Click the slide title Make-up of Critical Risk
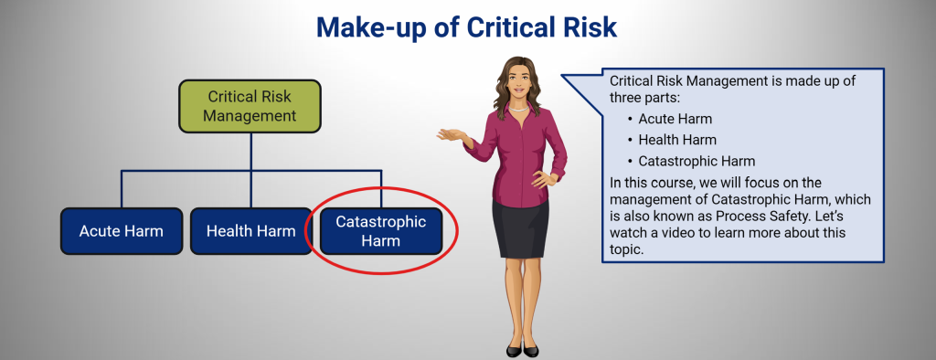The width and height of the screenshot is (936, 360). tap(467, 26)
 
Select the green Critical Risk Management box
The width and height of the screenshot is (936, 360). tap(250, 105)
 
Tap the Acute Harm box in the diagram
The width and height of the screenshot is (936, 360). tap(121, 231)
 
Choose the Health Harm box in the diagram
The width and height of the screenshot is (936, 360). tap(250, 231)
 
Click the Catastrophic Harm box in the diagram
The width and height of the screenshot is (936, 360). tap(380, 231)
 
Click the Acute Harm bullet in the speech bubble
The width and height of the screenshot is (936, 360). tap(675, 119)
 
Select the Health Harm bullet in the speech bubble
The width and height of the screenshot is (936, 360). tap(677, 140)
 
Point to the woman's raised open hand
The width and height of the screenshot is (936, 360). tap(450, 135)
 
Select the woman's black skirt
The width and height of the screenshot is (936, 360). tap(520, 228)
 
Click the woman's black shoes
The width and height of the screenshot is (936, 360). tap(522, 349)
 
